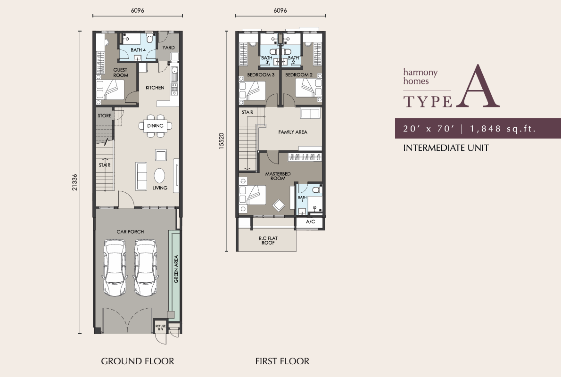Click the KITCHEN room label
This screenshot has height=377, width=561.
click(x=155, y=88)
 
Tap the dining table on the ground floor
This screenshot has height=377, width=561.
click(x=155, y=126)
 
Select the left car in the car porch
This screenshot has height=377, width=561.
click(x=115, y=268)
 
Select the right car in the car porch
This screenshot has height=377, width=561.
click(x=145, y=268)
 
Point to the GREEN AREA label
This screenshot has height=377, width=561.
click(x=176, y=269)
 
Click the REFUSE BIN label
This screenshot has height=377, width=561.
click(x=161, y=327)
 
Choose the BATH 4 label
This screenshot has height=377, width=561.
click(x=138, y=50)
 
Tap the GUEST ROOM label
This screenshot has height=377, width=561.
click(x=120, y=73)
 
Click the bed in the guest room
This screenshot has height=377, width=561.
click(x=110, y=89)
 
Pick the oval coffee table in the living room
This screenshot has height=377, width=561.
click(x=159, y=176)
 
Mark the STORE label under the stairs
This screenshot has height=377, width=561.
click(x=105, y=116)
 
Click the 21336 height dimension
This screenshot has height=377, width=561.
click(x=74, y=182)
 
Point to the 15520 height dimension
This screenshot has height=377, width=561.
click(x=222, y=140)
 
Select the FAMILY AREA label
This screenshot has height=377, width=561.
click(x=293, y=132)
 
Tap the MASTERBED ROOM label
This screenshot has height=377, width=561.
click(x=278, y=176)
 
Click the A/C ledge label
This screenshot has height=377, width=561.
click(x=311, y=222)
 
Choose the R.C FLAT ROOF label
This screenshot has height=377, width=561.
click(x=268, y=240)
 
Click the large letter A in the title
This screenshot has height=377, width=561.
click(x=478, y=86)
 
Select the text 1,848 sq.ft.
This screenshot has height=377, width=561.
click(x=503, y=129)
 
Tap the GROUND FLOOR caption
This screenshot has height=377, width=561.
click(x=138, y=361)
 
